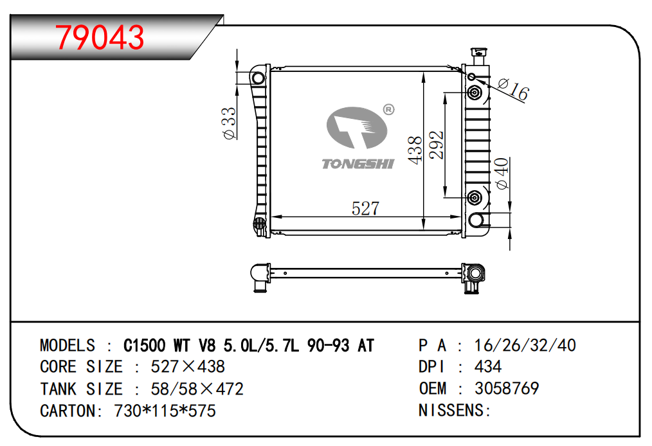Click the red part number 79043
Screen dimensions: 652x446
100,37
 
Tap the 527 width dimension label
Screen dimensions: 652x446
365,208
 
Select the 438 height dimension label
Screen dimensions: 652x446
415,150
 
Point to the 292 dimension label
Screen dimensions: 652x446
437,145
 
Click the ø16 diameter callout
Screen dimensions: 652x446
514,89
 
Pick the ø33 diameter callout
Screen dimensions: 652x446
229,123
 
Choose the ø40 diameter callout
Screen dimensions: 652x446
502,174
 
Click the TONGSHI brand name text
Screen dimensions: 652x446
358,164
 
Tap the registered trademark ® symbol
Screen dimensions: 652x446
388,109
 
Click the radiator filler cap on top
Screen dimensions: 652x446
478,56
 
